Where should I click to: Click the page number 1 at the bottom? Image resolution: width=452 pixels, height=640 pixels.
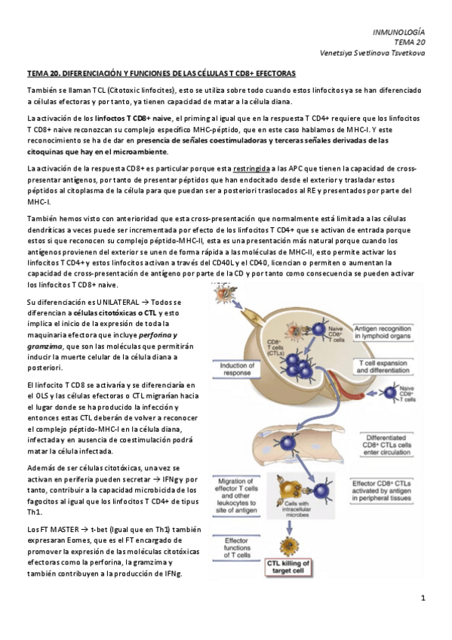(424, 598)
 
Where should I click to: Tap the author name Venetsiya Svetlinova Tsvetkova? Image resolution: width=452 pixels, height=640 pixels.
(373, 53)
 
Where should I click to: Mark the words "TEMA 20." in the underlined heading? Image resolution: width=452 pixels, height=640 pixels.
(43, 74)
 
